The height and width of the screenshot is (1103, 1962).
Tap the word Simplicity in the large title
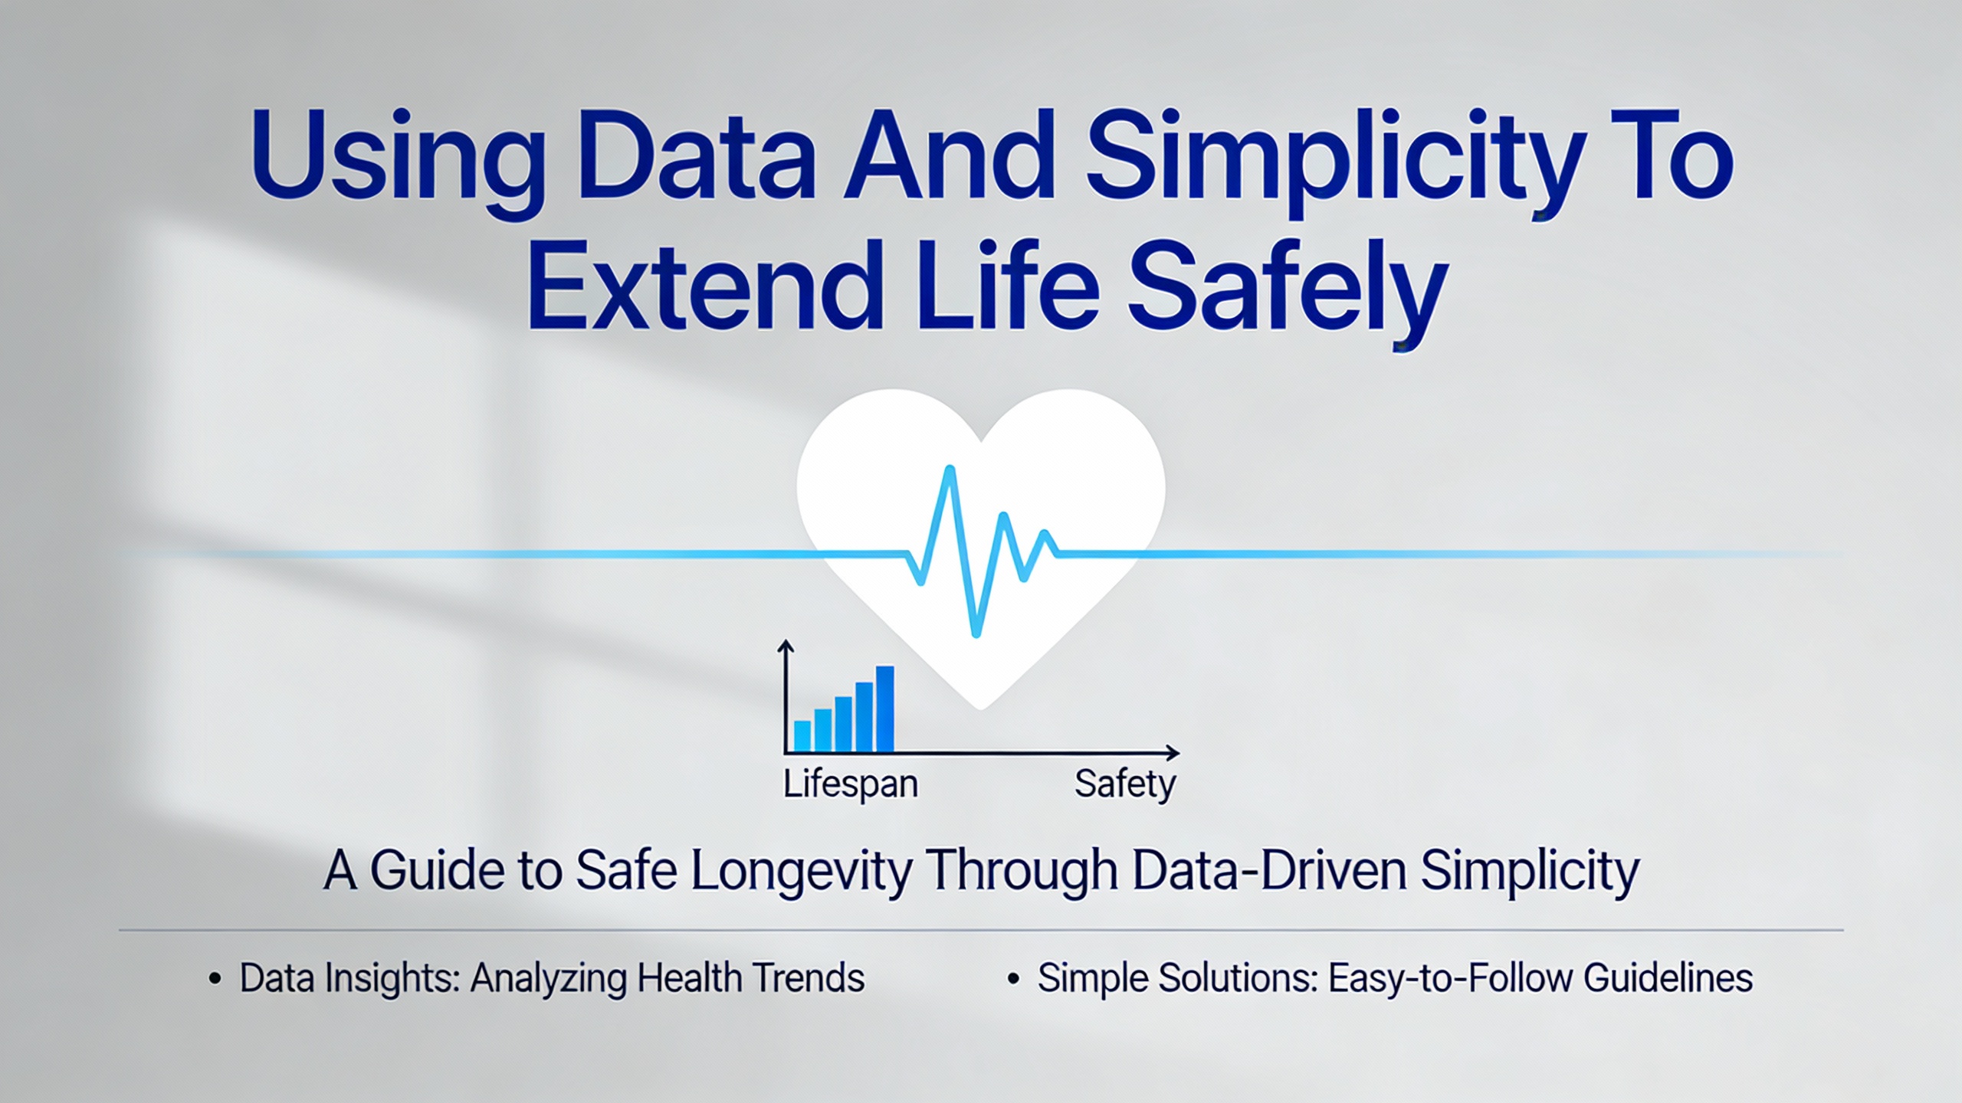1334,164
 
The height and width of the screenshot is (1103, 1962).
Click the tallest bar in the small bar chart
884,709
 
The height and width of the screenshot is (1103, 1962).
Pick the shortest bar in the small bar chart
802,735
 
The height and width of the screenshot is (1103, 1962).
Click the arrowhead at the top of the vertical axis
786,647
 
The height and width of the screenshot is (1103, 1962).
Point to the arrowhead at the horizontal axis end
1173,752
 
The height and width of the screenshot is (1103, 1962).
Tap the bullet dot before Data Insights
215,980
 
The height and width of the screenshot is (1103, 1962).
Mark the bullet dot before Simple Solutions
1013,980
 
